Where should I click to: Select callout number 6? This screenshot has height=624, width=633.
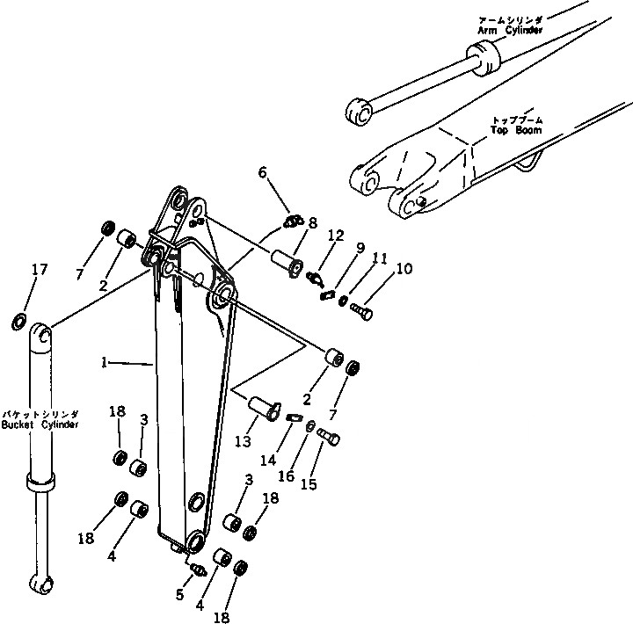point(262,174)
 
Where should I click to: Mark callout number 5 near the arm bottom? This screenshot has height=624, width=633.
point(179,595)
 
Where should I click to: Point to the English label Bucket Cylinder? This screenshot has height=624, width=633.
point(41,424)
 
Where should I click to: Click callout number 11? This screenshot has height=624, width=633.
point(380,259)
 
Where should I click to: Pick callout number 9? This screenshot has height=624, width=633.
point(360,249)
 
